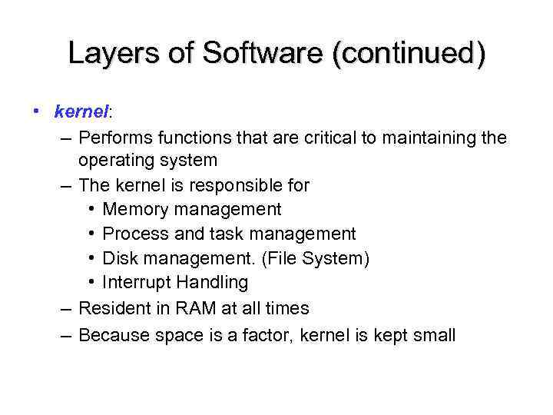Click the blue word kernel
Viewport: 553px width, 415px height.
tap(81, 112)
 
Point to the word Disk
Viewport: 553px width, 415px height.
tap(119, 258)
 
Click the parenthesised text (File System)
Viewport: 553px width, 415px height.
tap(316, 258)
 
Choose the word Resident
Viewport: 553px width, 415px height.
tap(117, 309)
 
